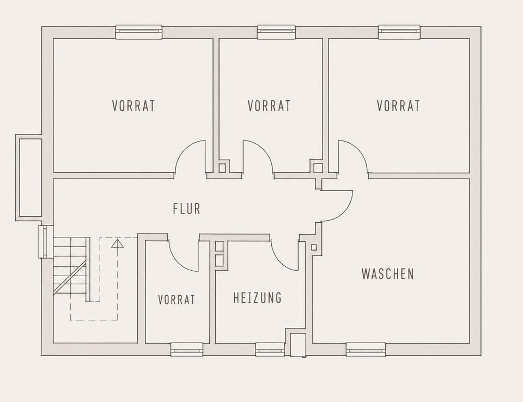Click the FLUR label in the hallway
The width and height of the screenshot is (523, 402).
[x=187, y=209]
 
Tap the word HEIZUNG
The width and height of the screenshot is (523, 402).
[x=258, y=297]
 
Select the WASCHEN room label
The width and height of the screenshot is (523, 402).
[x=387, y=273]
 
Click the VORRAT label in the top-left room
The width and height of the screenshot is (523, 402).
[x=133, y=106]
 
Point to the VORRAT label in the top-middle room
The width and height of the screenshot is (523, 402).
[x=269, y=106]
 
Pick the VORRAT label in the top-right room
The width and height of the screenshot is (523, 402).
[x=398, y=106]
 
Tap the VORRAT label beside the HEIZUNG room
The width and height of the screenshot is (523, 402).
[x=177, y=299]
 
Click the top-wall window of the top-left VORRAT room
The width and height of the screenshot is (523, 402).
[x=139, y=32]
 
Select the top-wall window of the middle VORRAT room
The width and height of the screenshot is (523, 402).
[x=276, y=32]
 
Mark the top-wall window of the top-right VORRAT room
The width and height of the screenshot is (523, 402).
[x=399, y=32]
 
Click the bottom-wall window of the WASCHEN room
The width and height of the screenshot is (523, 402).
[x=366, y=349]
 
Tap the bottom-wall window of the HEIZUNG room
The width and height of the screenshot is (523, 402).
[x=270, y=349]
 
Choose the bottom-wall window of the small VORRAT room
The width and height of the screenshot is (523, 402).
[x=187, y=349]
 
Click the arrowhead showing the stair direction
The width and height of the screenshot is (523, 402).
[x=118, y=243]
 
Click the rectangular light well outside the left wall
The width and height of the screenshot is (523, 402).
[x=29, y=178]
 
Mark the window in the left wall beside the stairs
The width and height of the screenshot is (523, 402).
[x=46, y=242]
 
